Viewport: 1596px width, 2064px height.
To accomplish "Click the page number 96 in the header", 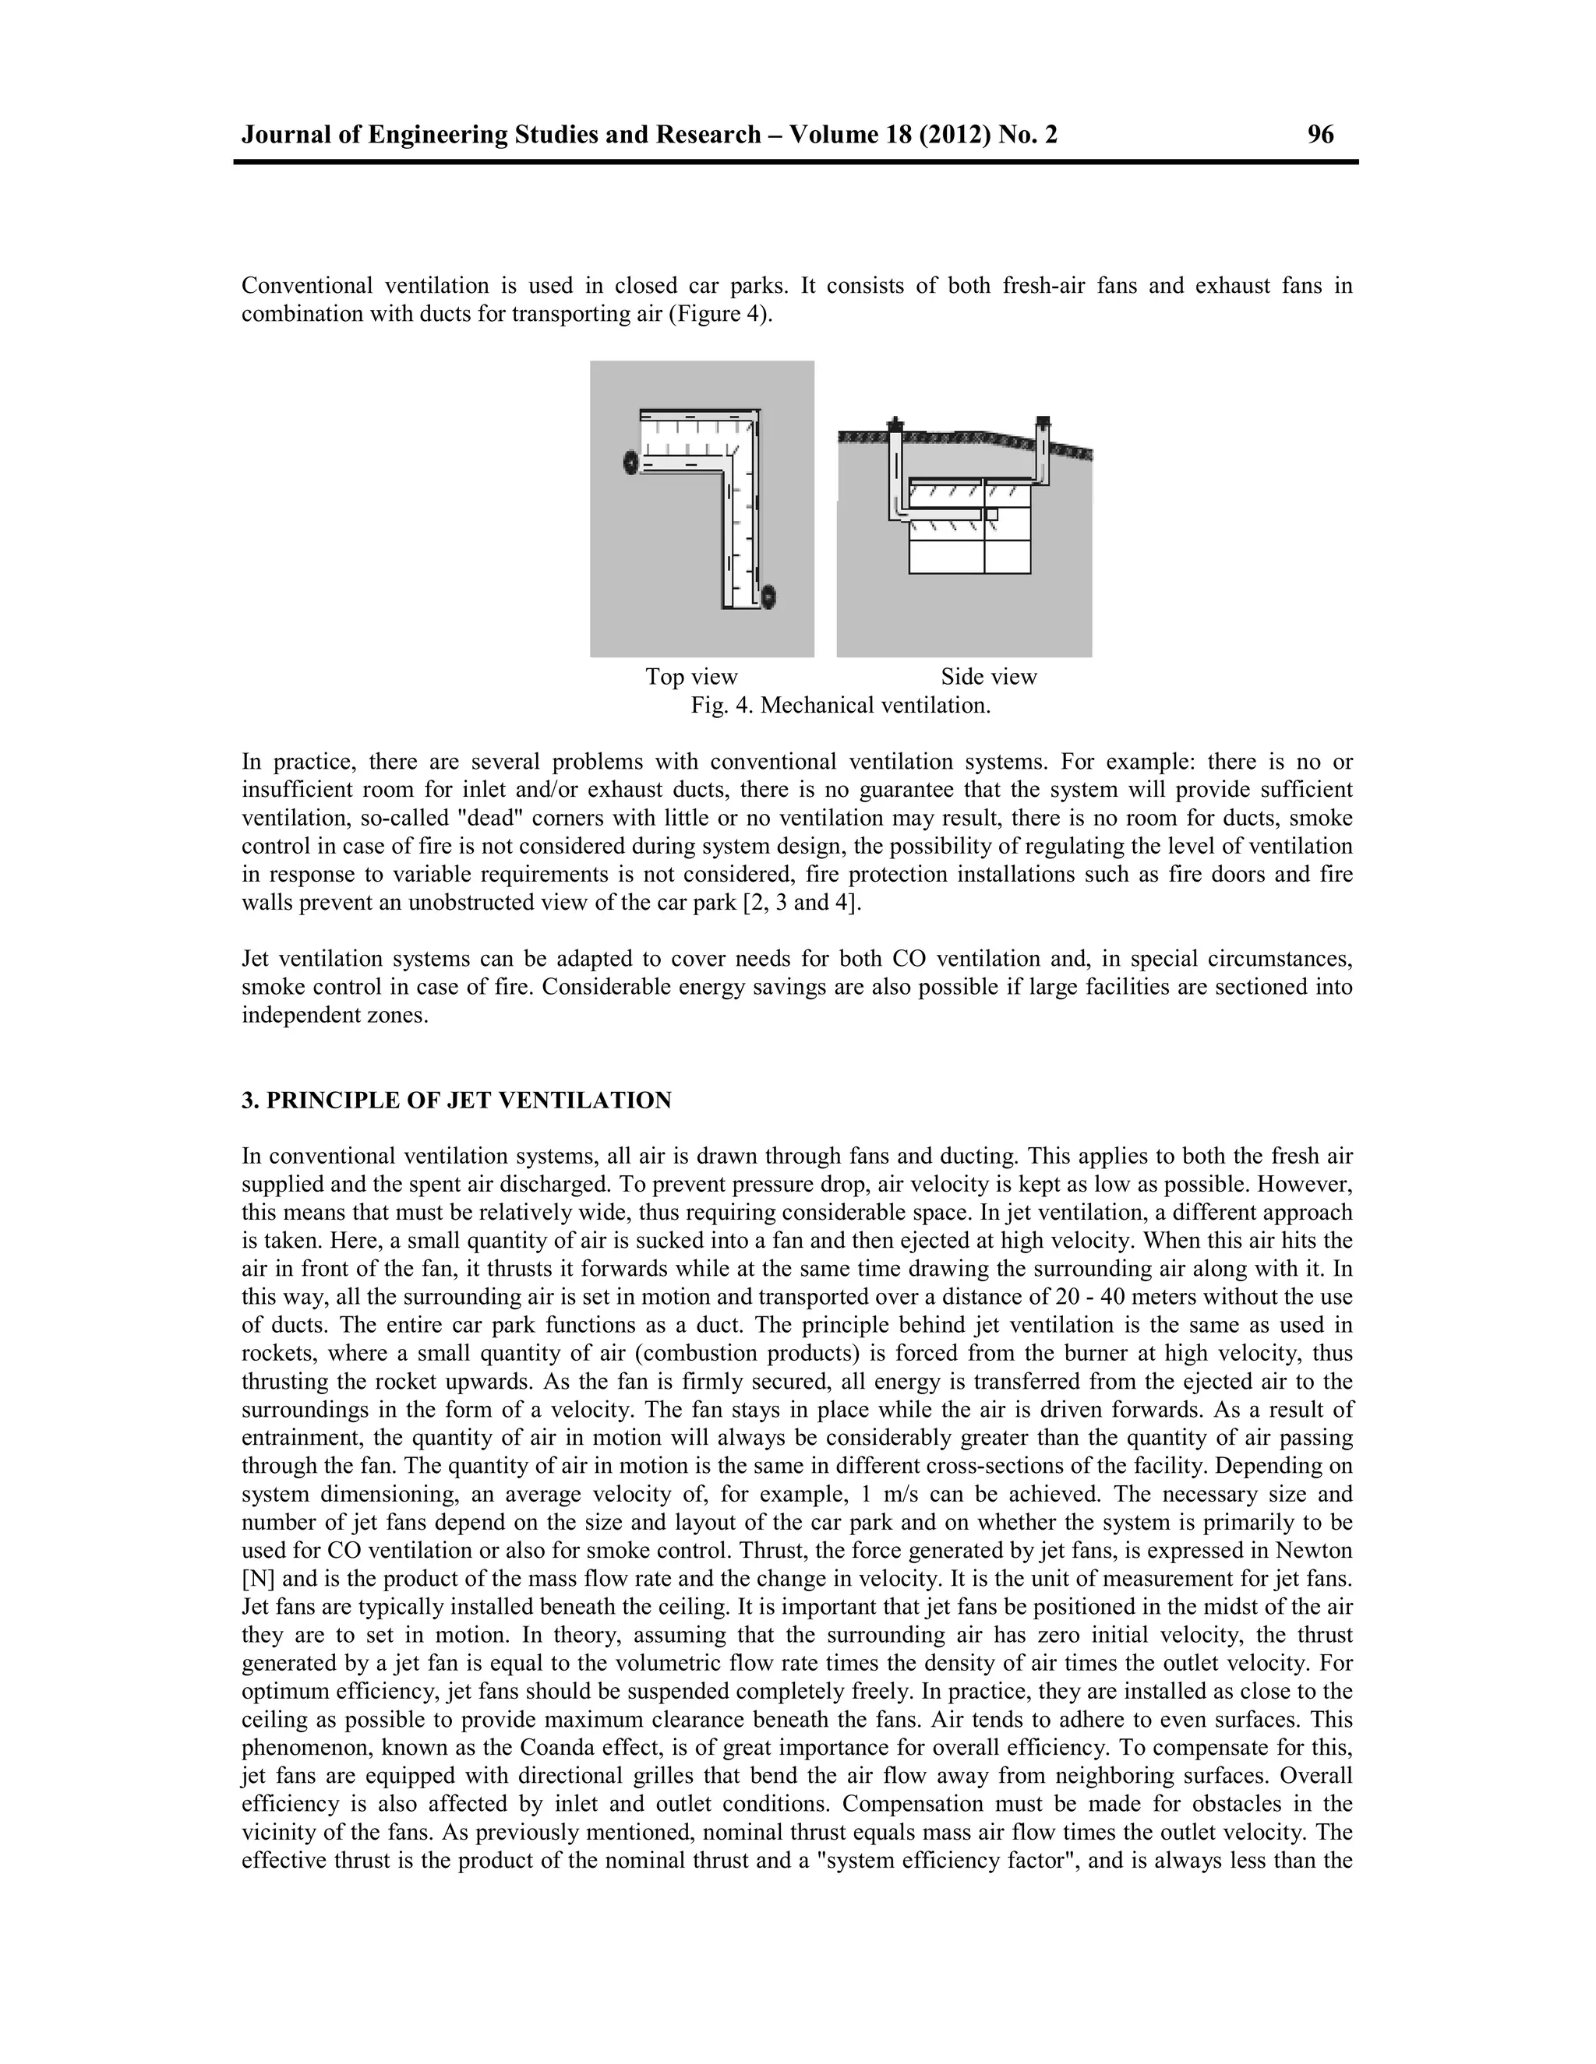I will [1320, 136].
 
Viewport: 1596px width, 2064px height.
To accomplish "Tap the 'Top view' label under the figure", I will [691, 677].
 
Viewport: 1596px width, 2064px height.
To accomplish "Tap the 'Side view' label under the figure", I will [988, 677].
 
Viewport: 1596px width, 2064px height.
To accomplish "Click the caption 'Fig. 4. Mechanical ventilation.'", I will [841, 705].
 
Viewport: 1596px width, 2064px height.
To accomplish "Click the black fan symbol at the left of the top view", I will [630, 463].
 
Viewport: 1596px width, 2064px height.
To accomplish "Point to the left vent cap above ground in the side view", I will [894, 424].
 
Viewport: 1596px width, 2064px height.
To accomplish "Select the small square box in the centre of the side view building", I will [992, 514].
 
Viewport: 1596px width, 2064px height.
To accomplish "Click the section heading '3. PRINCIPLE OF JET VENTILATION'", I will [456, 1100].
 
